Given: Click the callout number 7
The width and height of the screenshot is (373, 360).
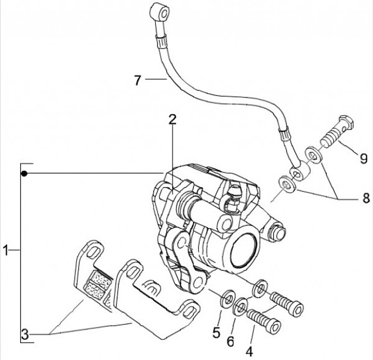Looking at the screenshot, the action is point(137,80).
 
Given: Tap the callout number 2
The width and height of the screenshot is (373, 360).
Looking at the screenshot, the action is point(173,119).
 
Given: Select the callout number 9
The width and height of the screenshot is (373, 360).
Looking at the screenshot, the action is point(364,159).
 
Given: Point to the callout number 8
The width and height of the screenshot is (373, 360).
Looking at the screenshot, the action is point(366,198).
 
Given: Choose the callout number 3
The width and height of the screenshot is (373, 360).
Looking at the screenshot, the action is point(25,335).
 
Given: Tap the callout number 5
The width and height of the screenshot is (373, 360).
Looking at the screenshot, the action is point(216,333).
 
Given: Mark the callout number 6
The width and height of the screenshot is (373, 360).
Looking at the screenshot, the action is point(230,341).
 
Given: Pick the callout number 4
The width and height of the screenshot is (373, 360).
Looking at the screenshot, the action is point(249,351).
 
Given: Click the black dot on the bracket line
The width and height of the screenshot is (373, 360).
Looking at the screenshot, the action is point(24,174).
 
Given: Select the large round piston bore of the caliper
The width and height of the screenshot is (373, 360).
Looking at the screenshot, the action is point(244,247).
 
